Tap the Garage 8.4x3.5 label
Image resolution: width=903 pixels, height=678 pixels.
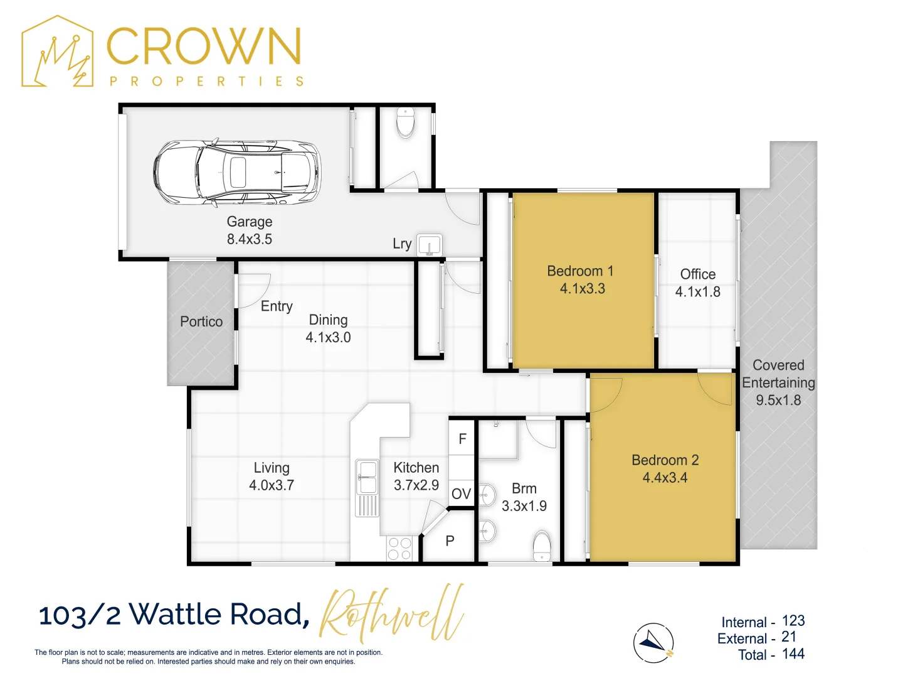tap(250, 230)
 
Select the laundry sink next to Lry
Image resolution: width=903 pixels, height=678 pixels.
tap(430, 245)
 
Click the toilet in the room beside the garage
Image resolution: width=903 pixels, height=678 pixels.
tap(406, 122)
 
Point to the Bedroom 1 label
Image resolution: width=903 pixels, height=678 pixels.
tap(581, 271)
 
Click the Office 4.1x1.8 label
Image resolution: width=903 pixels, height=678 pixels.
tap(697, 283)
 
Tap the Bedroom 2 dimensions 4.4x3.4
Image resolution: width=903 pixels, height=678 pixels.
tap(665, 478)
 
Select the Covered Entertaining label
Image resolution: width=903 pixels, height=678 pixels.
tap(778, 374)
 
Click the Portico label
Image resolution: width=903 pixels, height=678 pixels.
tap(201, 322)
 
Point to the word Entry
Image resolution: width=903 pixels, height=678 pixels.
tap(277, 306)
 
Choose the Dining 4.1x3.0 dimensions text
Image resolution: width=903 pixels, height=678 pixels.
tap(328, 338)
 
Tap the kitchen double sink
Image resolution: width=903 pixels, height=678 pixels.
tap(367, 478)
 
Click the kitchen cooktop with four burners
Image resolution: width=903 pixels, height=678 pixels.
tap(399, 548)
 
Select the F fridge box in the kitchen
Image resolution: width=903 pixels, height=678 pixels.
tap(462, 439)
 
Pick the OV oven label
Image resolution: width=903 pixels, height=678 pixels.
tap(461, 494)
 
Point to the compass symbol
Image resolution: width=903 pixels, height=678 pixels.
tap(653, 643)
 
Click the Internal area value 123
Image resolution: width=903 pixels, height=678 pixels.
tap(793, 621)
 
